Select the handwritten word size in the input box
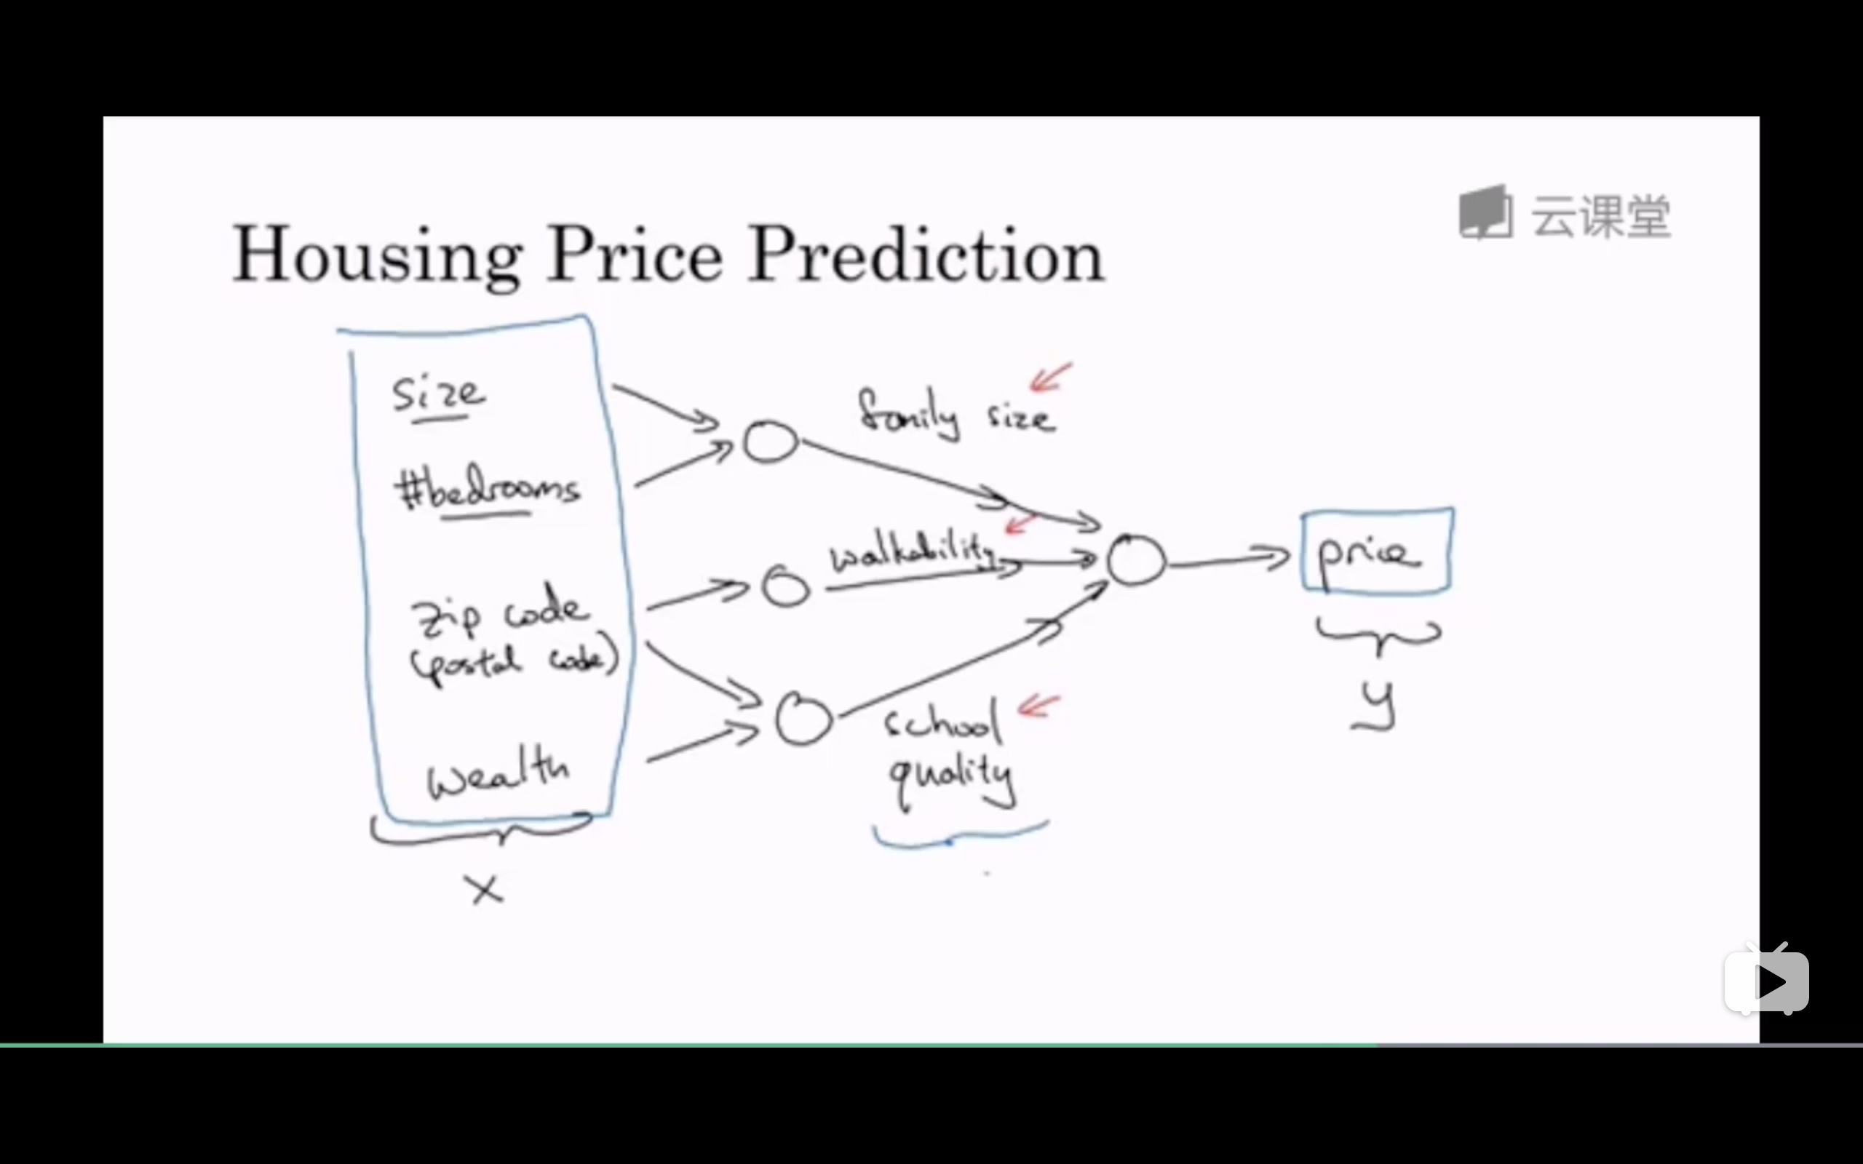(439, 394)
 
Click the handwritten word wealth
(498, 772)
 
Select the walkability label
(913, 552)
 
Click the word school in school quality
(942, 722)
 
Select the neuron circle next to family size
(770, 442)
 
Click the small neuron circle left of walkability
(785, 587)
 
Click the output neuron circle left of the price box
(1136, 559)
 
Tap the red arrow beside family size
(1051, 378)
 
